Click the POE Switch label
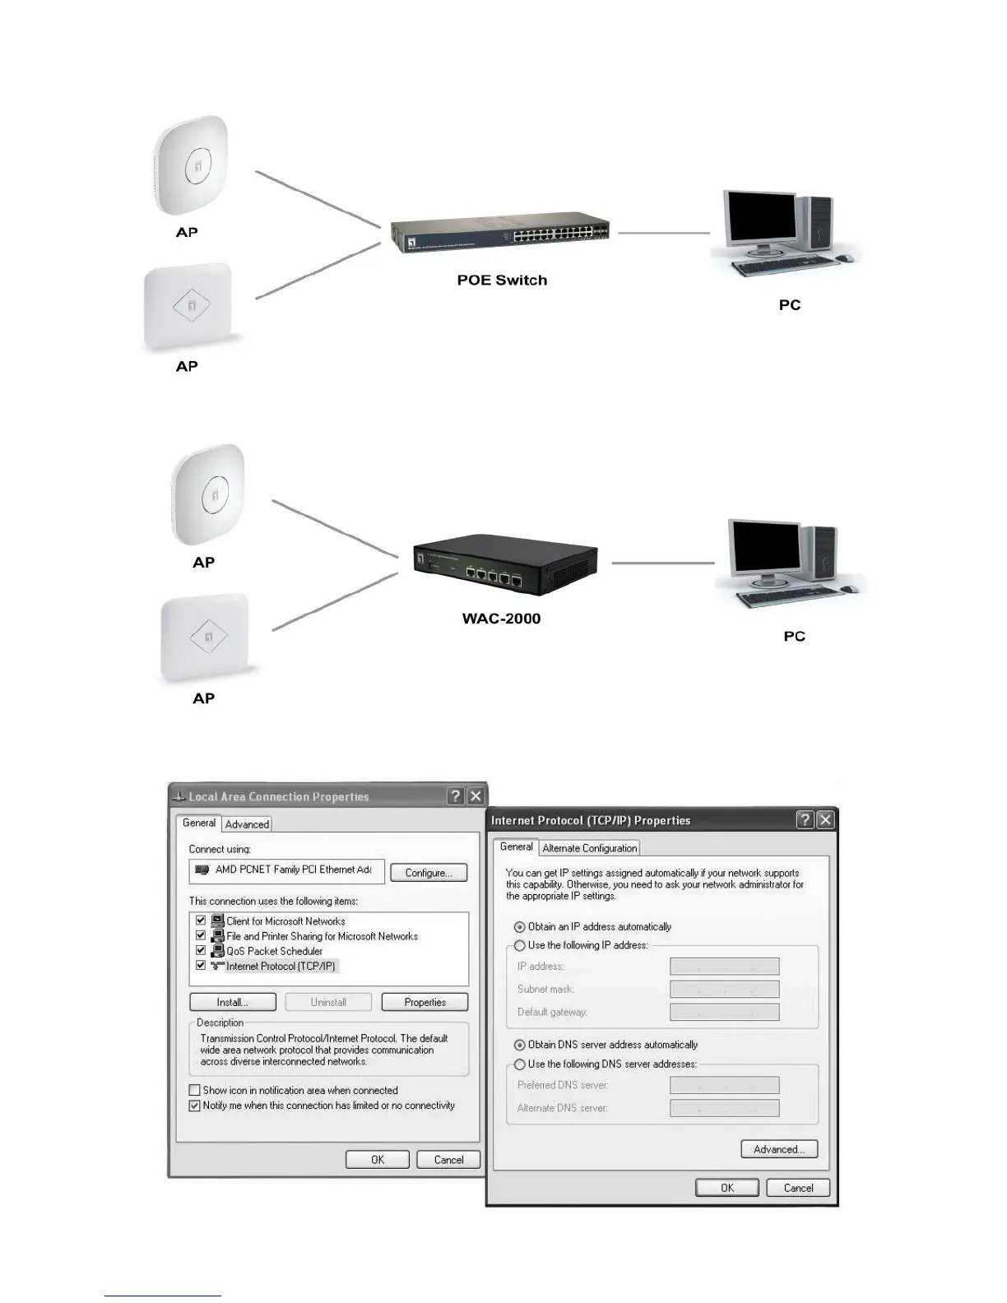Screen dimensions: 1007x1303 tap(502, 281)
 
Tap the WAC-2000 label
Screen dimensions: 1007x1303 tap(501, 619)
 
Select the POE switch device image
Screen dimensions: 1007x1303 tap(499, 232)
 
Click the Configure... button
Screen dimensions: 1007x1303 tap(429, 873)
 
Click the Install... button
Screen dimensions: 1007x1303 tap(232, 1002)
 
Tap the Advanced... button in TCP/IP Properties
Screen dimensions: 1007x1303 tap(778, 1149)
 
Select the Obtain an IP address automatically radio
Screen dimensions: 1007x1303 tap(520, 927)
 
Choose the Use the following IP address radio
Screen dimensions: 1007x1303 tap(520, 946)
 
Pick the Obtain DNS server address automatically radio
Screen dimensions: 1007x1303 tap(520, 1046)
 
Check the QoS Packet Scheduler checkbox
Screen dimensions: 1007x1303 tap(201, 950)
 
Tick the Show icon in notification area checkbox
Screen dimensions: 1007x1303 tap(195, 1091)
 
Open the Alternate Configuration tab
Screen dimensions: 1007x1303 tap(589, 848)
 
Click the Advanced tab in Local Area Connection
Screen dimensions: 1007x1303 tap(247, 824)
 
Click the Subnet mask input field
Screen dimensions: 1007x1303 tap(724, 990)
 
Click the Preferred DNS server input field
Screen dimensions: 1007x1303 tap(724, 1086)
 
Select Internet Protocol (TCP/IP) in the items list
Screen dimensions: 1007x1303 tap(281, 966)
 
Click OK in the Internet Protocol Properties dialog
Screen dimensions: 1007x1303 tap(726, 1188)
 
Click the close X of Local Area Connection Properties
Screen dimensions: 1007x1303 tap(476, 796)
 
